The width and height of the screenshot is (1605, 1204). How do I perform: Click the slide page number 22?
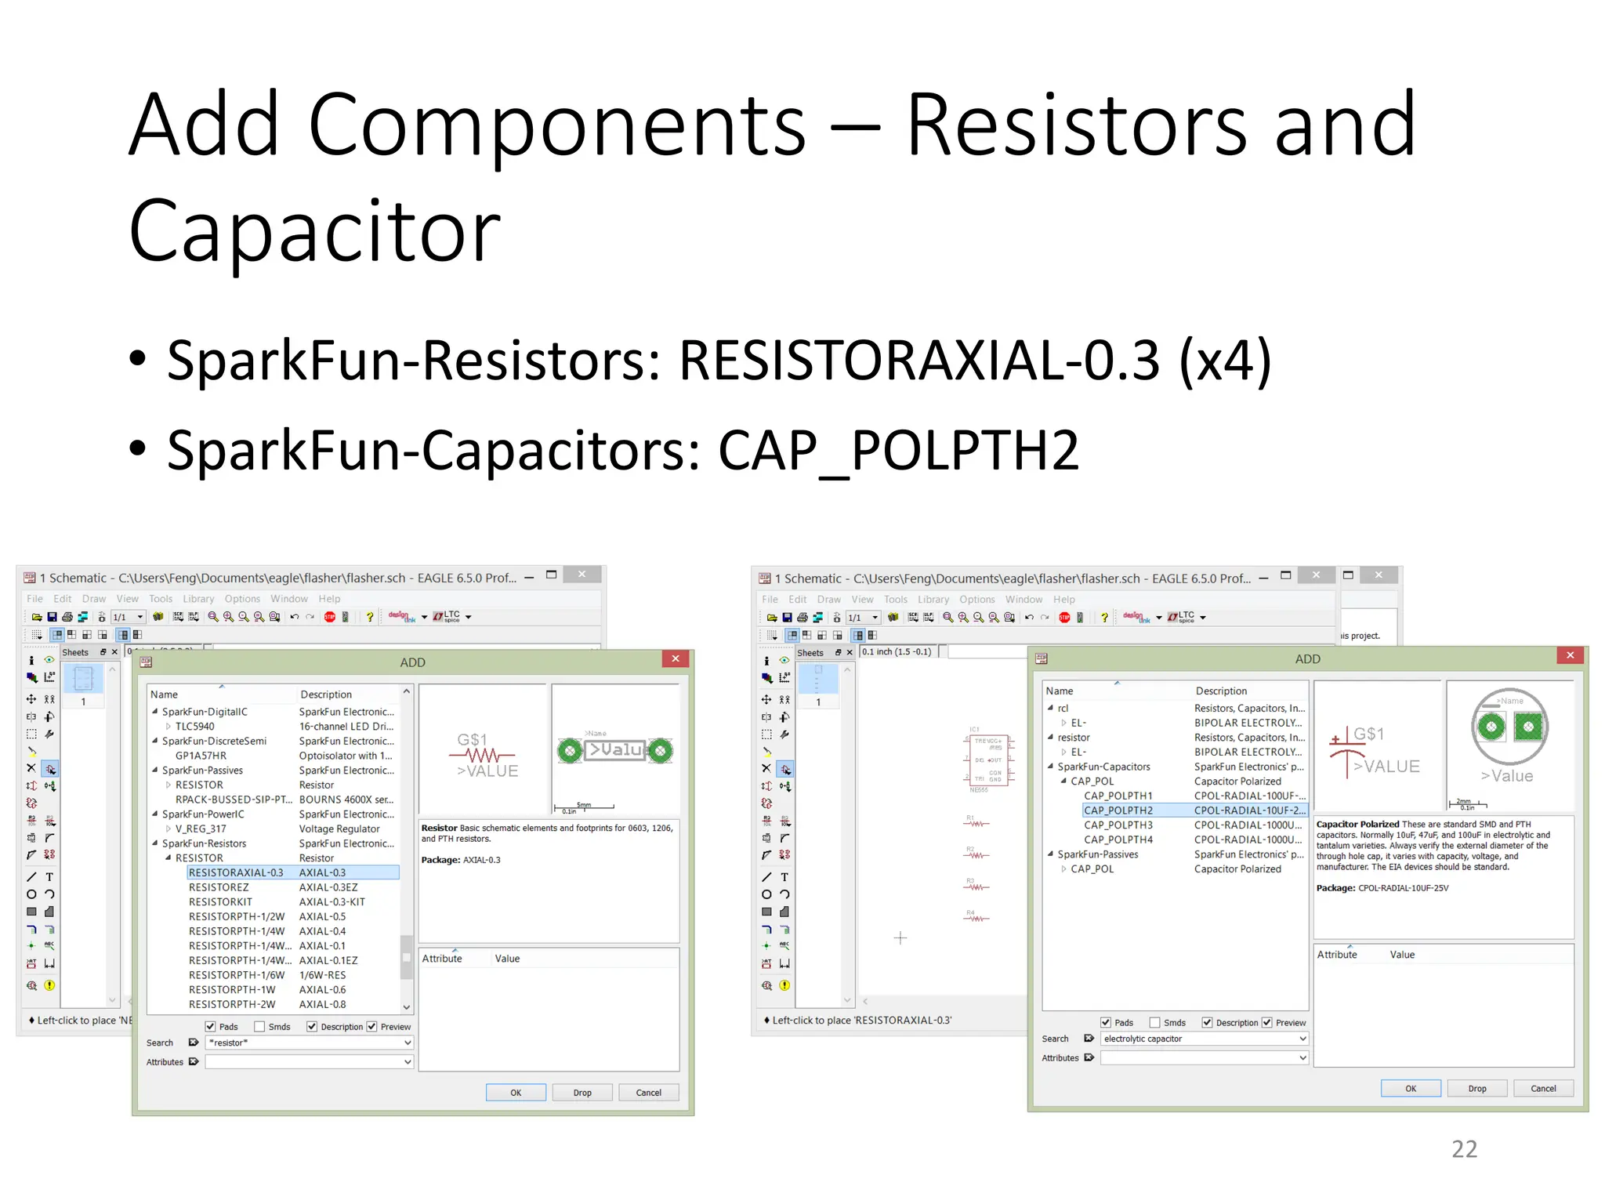(1464, 1149)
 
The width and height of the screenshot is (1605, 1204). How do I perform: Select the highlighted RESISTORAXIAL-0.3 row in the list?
(236, 872)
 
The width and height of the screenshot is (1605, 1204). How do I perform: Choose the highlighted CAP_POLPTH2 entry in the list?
(1118, 811)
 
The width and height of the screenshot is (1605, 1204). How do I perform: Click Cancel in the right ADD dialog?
(1543, 1088)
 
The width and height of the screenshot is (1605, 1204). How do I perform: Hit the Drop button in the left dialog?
(582, 1093)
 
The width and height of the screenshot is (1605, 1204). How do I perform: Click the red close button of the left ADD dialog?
(676, 658)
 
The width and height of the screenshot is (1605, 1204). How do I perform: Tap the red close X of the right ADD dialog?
(1570, 655)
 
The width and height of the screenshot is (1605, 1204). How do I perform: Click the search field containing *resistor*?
(306, 1043)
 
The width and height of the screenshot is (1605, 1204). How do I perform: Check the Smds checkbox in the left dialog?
(260, 1027)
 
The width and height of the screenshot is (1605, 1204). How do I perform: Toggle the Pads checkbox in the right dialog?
(1106, 1023)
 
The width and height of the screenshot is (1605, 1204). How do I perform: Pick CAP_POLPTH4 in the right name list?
(1118, 840)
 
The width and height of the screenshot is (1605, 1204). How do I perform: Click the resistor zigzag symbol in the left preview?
(483, 756)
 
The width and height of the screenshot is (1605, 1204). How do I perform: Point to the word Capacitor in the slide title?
(314, 231)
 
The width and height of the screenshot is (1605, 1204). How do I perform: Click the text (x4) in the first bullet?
(1225, 361)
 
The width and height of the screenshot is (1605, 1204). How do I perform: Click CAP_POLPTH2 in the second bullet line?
(898, 451)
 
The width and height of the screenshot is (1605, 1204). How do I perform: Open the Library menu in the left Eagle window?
(198, 599)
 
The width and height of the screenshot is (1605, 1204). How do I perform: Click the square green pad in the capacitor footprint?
(1528, 727)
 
